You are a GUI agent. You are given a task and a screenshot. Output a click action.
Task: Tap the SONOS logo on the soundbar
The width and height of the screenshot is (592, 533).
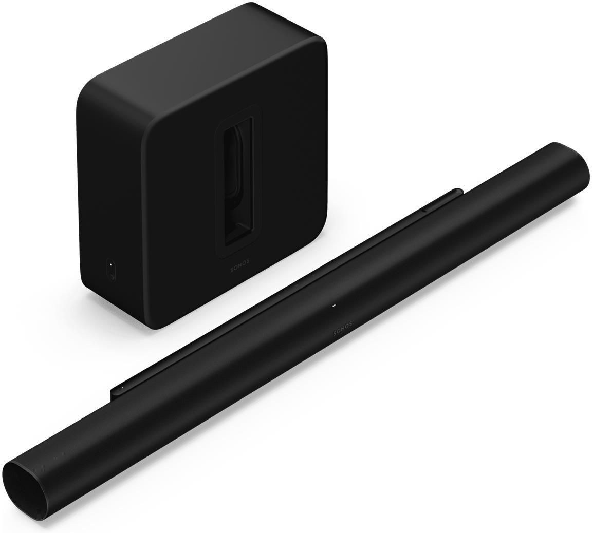343,328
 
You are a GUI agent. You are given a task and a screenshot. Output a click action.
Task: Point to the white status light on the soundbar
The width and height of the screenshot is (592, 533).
334,307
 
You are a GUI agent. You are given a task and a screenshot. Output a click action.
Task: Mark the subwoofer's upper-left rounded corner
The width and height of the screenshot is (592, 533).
87,92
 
